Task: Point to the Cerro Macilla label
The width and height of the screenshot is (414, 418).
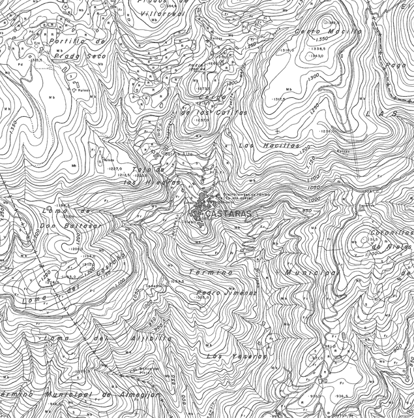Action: (328, 31)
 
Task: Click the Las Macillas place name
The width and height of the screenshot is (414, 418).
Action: (269, 145)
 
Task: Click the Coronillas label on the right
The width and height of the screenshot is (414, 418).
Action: (392, 233)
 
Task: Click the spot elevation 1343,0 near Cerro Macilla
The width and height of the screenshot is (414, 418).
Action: (318, 56)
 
